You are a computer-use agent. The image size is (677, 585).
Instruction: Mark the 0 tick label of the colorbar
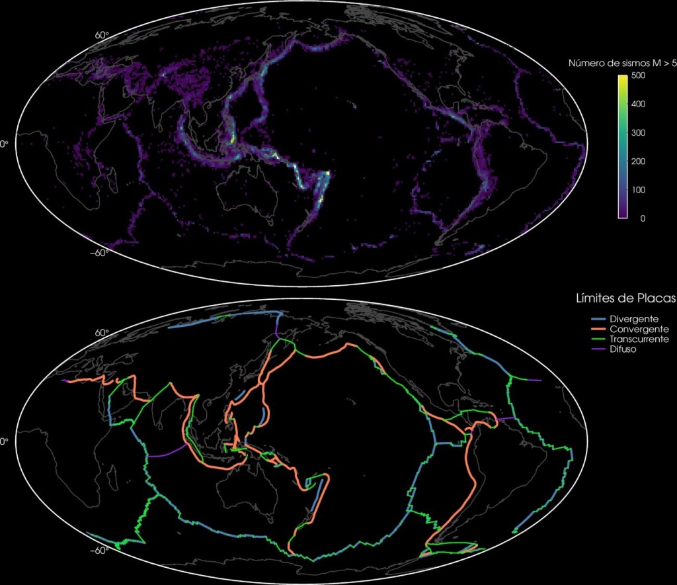coord(635,218)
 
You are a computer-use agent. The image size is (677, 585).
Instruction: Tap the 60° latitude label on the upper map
coord(102,34)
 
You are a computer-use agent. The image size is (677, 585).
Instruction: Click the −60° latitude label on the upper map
coord(99,251)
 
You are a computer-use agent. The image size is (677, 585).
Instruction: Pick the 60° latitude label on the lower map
coord(102,333)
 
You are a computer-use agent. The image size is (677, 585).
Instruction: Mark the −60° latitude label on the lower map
coord(99,550)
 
